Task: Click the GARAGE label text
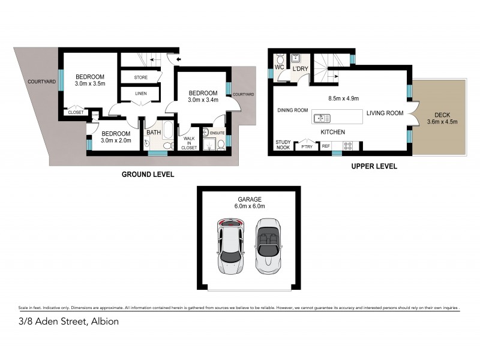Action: [248, 198]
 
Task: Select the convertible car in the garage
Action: [267, 247]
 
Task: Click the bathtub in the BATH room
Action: [167, 132]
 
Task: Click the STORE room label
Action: [140, 77]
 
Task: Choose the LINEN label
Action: [140, 94]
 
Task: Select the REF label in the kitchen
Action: [326, 146]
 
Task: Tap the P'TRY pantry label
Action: [307, 146]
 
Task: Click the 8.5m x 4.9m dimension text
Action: [344, 98]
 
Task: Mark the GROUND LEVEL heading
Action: [148, 175]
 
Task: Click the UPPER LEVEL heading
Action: [374, 167]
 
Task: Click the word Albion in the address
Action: [104, 322]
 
